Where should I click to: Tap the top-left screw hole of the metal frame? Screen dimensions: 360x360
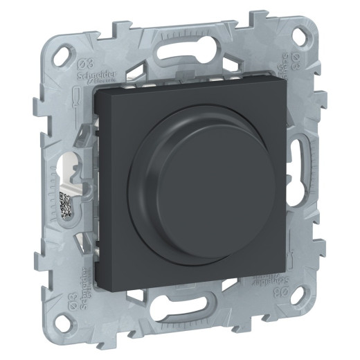point(68,51)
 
